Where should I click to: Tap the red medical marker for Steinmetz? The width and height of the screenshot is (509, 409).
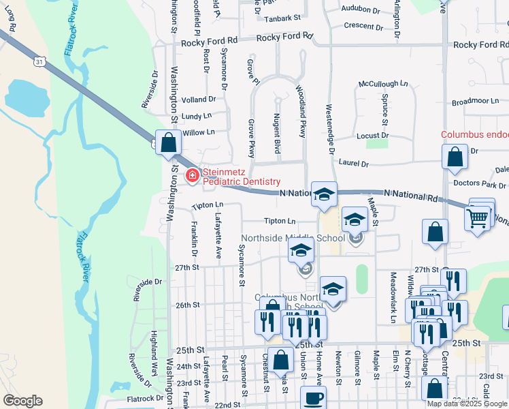pos(193,177)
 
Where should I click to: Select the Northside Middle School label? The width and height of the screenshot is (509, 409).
pos(293,239)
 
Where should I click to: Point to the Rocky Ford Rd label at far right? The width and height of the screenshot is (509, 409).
pos(480,44)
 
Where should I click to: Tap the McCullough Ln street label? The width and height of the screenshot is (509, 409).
pos(384,84)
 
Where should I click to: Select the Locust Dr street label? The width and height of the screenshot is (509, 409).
pos(373,136)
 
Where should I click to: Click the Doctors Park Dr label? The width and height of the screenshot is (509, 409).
pos(480,185)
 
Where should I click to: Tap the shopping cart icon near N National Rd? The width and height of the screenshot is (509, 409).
pos(477,218)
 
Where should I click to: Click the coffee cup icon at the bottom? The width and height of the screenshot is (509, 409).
pos(313,398)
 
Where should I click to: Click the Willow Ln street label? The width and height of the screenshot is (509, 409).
pos(199,132)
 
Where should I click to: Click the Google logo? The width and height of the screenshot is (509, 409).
pos(23,401)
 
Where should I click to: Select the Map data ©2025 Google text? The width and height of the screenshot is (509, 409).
pos(467,404)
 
